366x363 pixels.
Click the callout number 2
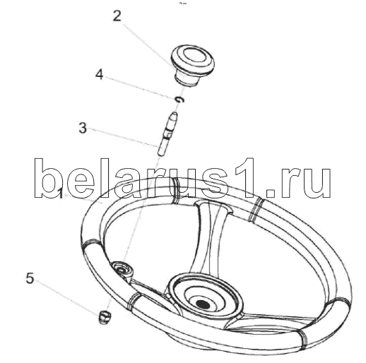117,16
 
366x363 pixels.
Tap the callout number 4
100,75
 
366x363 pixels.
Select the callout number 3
83,129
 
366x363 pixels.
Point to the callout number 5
30,278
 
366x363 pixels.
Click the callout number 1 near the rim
60,194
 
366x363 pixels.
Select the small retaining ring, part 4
180,100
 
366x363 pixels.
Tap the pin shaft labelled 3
167,133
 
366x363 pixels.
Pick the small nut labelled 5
105,317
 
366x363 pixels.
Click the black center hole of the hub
203,304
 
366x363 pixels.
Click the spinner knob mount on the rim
122,270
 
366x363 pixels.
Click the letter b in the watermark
48,178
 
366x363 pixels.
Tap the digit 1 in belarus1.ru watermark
246,178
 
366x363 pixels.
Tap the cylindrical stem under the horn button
187,80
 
